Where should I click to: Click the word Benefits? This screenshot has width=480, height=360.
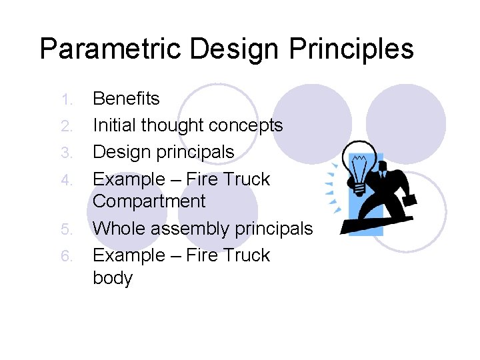[126, 99]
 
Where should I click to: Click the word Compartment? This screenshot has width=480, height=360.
[149, 201]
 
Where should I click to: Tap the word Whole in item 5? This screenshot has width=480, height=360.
[118, 229]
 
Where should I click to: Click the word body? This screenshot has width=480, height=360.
[113, 278]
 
